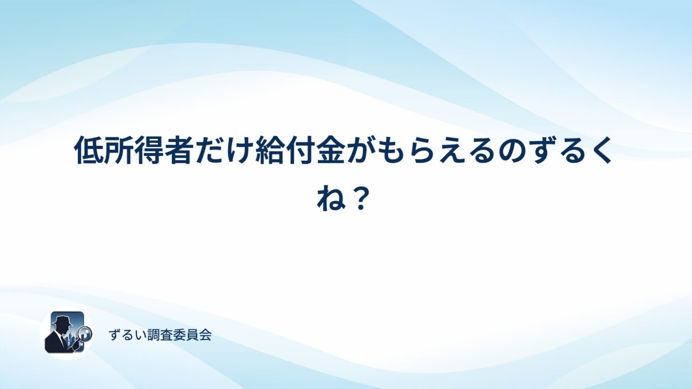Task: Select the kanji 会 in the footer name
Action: (x=205, y=335)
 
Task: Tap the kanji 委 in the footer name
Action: (x=179, y=335)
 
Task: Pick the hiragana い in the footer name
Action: (x=140, y=335)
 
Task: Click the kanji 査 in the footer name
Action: (x=166, y=335)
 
